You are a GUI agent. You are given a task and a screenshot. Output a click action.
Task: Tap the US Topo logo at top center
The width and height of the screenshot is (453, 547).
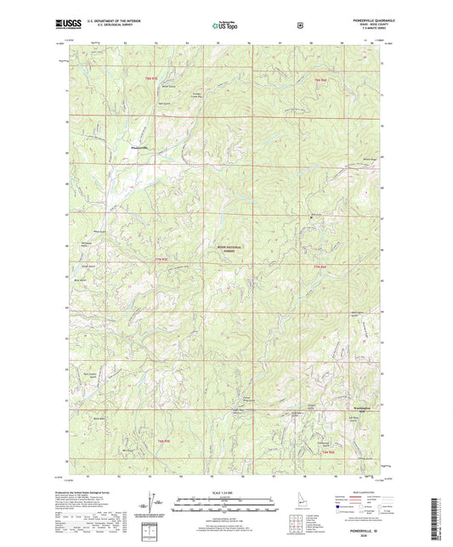[224, 26]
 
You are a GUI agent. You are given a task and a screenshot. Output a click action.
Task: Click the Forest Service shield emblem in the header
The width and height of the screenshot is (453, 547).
[299, 25]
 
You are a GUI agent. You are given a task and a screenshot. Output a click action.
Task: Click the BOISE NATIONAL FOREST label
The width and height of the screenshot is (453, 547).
[226, 248]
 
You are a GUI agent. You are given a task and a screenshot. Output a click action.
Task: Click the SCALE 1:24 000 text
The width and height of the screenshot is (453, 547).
[225, 493]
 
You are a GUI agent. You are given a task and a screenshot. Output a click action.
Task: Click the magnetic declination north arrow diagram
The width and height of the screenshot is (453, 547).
[150, 504]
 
